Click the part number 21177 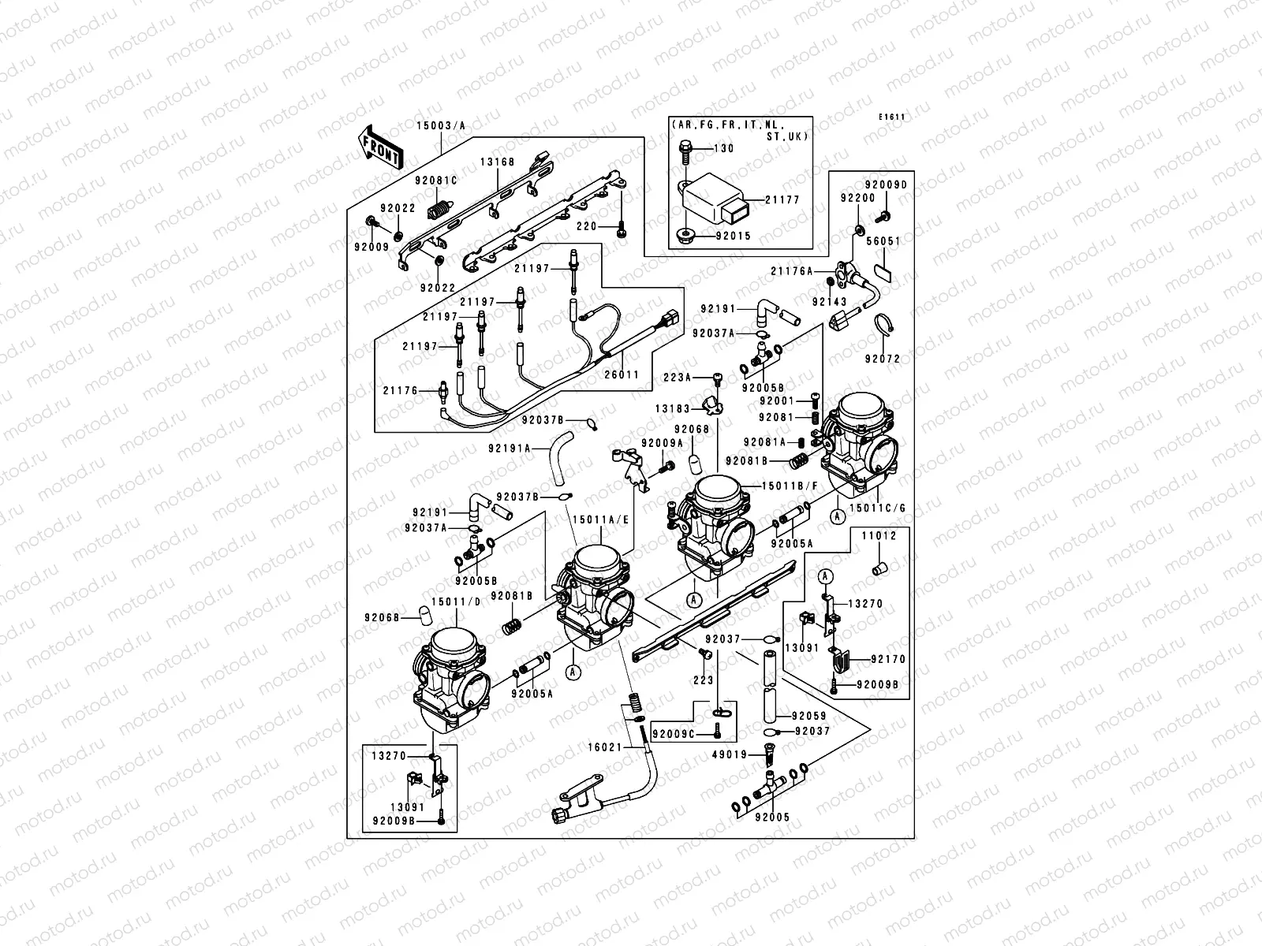782,200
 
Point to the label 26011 623,375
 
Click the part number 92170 889,659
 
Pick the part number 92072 882,359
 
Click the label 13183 673,408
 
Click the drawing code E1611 892,117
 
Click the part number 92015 733,235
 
